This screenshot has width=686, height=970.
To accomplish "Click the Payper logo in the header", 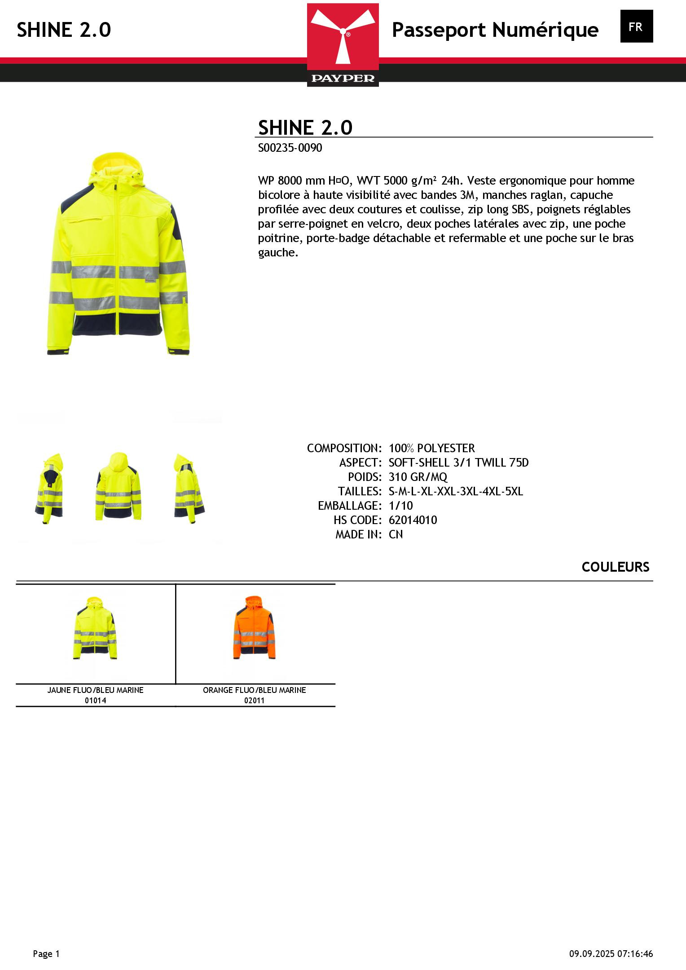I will pyautogui.click(x=343, y=44).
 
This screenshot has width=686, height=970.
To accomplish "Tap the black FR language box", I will pyautogui.click(x=636, y=26).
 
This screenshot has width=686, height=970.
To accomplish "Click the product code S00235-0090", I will pyautogui.click(x=290, y=148).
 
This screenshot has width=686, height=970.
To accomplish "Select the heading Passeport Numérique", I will pyautogui.click(x=495, y=30).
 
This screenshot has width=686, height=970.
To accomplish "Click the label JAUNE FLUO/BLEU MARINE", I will pyautogui.click(x=95, y=690).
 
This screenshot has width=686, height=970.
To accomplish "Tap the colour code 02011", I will pyautogui.click(x=254, y=701).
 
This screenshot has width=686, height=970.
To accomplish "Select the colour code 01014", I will pyautogui.click(x=95, y=701).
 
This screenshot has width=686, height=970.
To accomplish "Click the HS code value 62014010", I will pyautogui.click(x=413, y=520).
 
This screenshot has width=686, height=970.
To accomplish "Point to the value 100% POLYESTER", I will pyautogui.click(x=431, y=448).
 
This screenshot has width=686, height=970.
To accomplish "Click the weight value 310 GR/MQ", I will pyautogui.click(x=418, y=477).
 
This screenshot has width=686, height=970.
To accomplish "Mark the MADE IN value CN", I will pyautogui.click(x=396, y=534).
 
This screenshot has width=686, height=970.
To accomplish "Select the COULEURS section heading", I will pyautogui.click(x=615, y=567).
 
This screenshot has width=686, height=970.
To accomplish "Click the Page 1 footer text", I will pyautogui.click(x=46, y=954).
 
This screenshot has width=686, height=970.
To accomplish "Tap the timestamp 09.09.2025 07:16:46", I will pyautogui.click(x=611, y=954).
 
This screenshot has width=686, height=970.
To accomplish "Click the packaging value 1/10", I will pyautogui.click(x=400, y=506).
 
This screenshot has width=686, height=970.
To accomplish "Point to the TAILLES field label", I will pyautogui.click(x=360, y=491).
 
